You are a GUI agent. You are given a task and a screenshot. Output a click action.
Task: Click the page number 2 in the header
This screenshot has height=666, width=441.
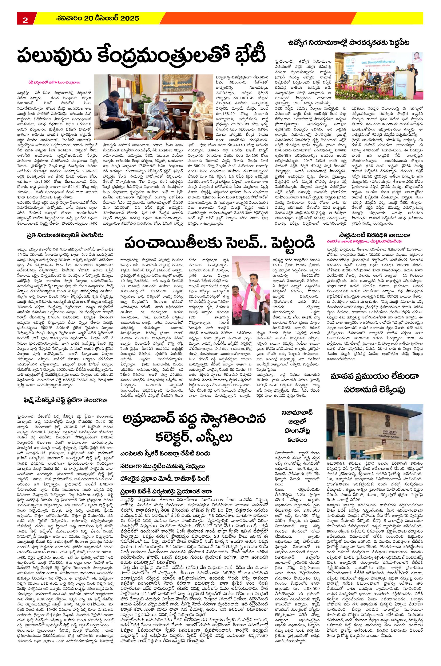(25, 20)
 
